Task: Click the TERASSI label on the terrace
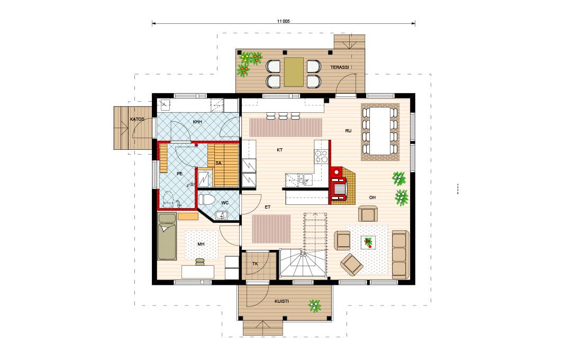click(340, 67)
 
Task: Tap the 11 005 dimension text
click(283, 21)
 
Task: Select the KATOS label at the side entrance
click(138, 119)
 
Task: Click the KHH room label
click(197, 122)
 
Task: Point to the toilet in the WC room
click(207, 199)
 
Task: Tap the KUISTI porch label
click(281, 301)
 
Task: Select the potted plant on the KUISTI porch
click(315, 305)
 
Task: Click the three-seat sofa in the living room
click(401, 255)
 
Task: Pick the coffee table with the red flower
click(368, 242)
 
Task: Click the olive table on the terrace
click(294, 72)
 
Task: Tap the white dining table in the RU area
click(380, 131)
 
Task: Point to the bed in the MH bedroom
click(167, 237)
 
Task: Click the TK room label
click(255, 264)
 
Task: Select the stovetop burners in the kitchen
click(321, 156)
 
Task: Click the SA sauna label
click(218, 163)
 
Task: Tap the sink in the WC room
click(222, 215)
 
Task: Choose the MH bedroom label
click(201, 244)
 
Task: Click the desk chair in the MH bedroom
click(199, 262)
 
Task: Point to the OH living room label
click(372, 197)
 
